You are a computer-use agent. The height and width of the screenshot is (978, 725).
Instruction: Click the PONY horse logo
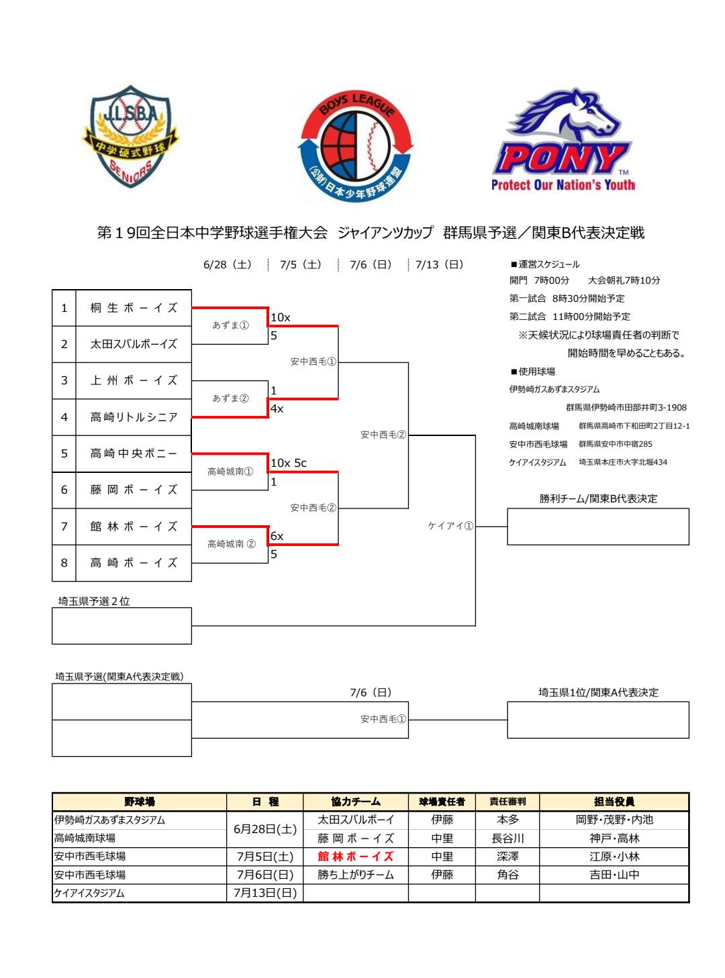pos(563,141)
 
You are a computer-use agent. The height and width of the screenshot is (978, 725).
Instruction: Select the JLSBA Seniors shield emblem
pos(132,138)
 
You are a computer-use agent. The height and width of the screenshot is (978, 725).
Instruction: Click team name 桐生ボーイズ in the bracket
pos(134,308)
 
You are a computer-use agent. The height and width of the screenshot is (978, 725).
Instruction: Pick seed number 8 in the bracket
pos(64,563)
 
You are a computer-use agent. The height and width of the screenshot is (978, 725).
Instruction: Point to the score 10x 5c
pos(289,463)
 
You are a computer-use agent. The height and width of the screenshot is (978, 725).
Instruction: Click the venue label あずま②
pos(230,398)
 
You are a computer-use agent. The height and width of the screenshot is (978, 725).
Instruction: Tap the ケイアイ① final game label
pos(450,526)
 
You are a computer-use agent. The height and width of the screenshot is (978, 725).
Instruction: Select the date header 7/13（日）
pos(440,264)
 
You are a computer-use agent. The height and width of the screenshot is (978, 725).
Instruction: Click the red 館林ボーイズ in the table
pos(356,857)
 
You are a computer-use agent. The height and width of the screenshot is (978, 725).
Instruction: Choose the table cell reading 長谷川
pos(507,838)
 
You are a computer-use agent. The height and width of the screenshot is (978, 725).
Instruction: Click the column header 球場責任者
pos(442,802)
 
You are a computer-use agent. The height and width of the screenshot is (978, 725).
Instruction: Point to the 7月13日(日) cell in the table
pos(265,893)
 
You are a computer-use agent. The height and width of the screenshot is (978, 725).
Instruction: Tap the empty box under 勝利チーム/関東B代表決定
pos(597,527)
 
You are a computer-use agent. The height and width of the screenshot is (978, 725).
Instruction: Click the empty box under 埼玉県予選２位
pos(122,626)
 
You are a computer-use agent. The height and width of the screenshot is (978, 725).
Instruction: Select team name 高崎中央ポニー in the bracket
pos(134,453)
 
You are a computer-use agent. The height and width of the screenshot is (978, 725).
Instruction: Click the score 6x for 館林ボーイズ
pos(277,536)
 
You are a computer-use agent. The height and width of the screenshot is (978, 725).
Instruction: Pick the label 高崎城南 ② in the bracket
pos(231,544)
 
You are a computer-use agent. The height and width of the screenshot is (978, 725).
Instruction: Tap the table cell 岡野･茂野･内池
pos(614,820)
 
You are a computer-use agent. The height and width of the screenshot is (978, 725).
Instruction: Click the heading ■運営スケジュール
pos(545,264)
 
